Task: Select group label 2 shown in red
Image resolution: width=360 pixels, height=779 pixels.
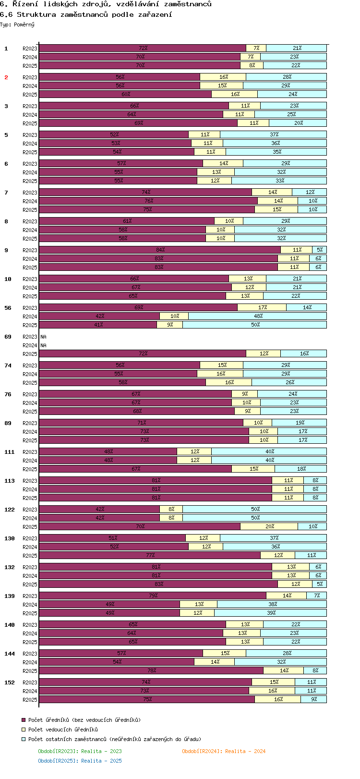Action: [6, 77]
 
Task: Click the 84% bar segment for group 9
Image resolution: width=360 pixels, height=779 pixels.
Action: [160, 250]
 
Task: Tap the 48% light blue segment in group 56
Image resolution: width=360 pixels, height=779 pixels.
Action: [258, 316]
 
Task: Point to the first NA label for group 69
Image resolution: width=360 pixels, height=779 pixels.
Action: [43, 337]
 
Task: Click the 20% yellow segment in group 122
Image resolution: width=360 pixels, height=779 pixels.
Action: [269, 526]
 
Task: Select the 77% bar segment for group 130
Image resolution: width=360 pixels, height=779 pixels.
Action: [150, 555]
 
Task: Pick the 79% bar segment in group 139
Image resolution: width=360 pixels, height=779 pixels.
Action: [153, 596]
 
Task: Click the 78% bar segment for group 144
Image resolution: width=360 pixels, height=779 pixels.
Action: [151, 670]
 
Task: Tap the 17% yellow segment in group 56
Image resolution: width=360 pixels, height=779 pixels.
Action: [262, 307]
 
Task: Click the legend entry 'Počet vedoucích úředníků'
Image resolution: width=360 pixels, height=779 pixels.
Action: [63, 730]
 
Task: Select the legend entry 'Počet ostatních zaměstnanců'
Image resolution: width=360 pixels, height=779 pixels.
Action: [114, 739]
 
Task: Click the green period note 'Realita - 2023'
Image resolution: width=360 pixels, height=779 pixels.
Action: [80, 751]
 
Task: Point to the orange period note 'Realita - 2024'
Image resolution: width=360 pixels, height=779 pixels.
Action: [224, 751]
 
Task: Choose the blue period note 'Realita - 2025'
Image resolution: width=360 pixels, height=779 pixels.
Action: [80, 761]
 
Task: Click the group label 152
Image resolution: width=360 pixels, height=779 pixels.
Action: [10, 682]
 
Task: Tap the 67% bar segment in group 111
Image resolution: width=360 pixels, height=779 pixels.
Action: [135, 469]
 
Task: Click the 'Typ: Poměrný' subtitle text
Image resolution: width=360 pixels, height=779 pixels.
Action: [17, 24]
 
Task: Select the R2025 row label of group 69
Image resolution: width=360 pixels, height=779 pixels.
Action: [30, 354]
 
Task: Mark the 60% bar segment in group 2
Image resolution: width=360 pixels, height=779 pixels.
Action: [125, 94]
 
